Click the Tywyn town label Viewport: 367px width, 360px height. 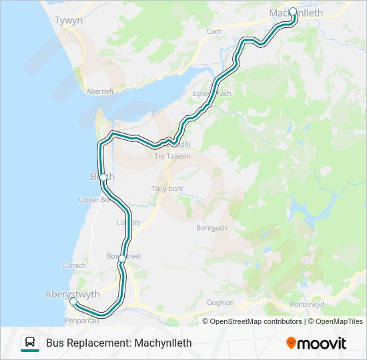[69, 21]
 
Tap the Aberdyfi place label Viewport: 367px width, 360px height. [102, 91]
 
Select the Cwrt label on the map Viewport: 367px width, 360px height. [214, 31]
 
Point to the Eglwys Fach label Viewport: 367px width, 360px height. [212, 93]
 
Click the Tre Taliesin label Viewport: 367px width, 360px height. [172, 156]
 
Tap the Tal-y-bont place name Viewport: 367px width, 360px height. [167, 189]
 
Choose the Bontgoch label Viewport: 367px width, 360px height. [212, 227]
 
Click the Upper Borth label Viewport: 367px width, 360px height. [94, 199]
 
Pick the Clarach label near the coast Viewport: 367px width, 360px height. [74, 265]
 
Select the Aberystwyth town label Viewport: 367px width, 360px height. [72, 294]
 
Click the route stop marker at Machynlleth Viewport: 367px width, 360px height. [292, 11]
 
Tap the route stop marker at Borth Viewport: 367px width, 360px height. [103, 177]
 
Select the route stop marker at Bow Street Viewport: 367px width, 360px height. [121, 258]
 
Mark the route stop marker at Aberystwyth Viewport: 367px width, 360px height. [73, 302]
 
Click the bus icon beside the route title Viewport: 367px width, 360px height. [30, 343]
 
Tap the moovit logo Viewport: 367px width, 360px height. [316, 343]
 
